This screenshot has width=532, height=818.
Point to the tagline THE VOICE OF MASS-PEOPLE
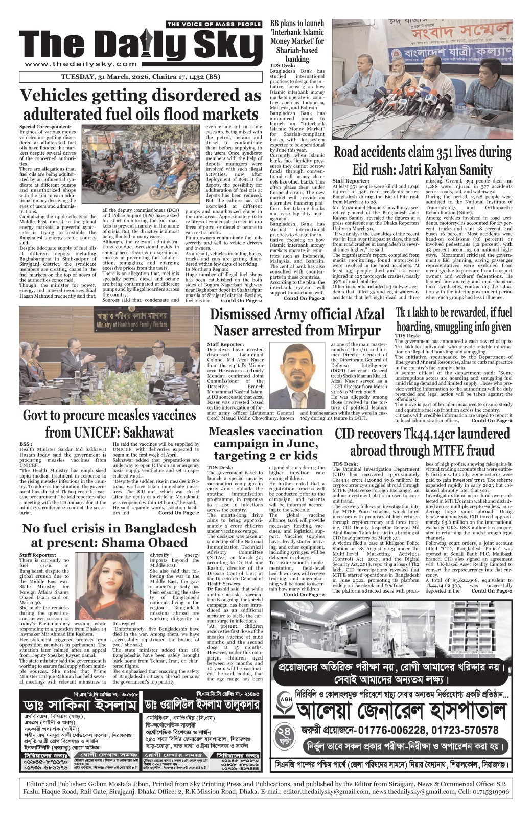click(x=214, y=25)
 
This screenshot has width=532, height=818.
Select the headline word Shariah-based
click(x=297, y=50)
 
